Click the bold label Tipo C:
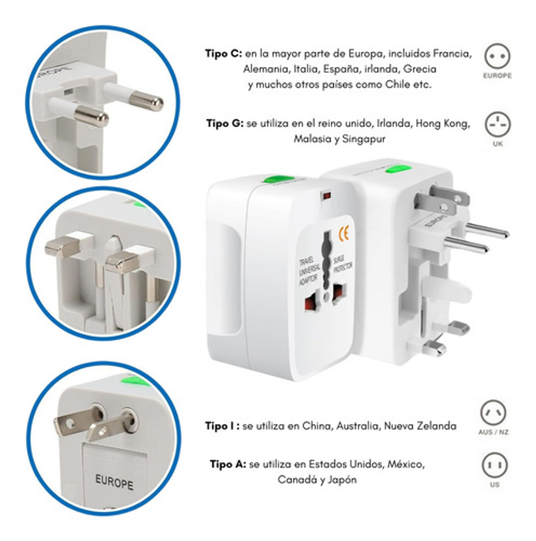pos(223,54)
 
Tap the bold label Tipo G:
pos(225,123)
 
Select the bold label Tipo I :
pos(222,426)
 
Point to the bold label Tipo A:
pos(228,464)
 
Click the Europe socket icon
pos(497,57)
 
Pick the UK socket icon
pos(497,124)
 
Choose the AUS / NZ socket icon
pos(493,413)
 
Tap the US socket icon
pos(494,465)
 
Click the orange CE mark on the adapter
pos(344,234)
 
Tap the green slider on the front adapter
pos(278,180)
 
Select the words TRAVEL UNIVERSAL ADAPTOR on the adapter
pos(308,271)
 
